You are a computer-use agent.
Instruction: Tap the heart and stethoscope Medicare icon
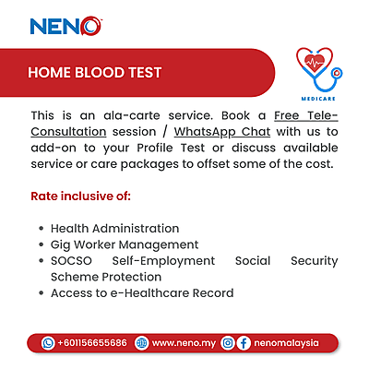(x=318, y=67)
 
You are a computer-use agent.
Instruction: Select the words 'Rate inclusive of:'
(x=80, y=196)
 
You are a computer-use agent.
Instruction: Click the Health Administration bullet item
(x=114, y=228)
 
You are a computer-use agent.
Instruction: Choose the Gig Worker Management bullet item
(x=125, y=244)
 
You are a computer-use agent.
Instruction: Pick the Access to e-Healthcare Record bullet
(x=142, y=293)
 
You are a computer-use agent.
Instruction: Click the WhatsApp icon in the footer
(x=48, y=342)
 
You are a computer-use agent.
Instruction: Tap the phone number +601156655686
(x=91, y=342)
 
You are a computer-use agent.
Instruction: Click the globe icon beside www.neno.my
(x=141, y=342)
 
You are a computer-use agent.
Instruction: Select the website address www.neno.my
(x=183, y=342)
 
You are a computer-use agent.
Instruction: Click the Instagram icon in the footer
(x=227, y=342)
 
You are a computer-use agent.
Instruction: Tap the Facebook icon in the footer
(x=244, y=342)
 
